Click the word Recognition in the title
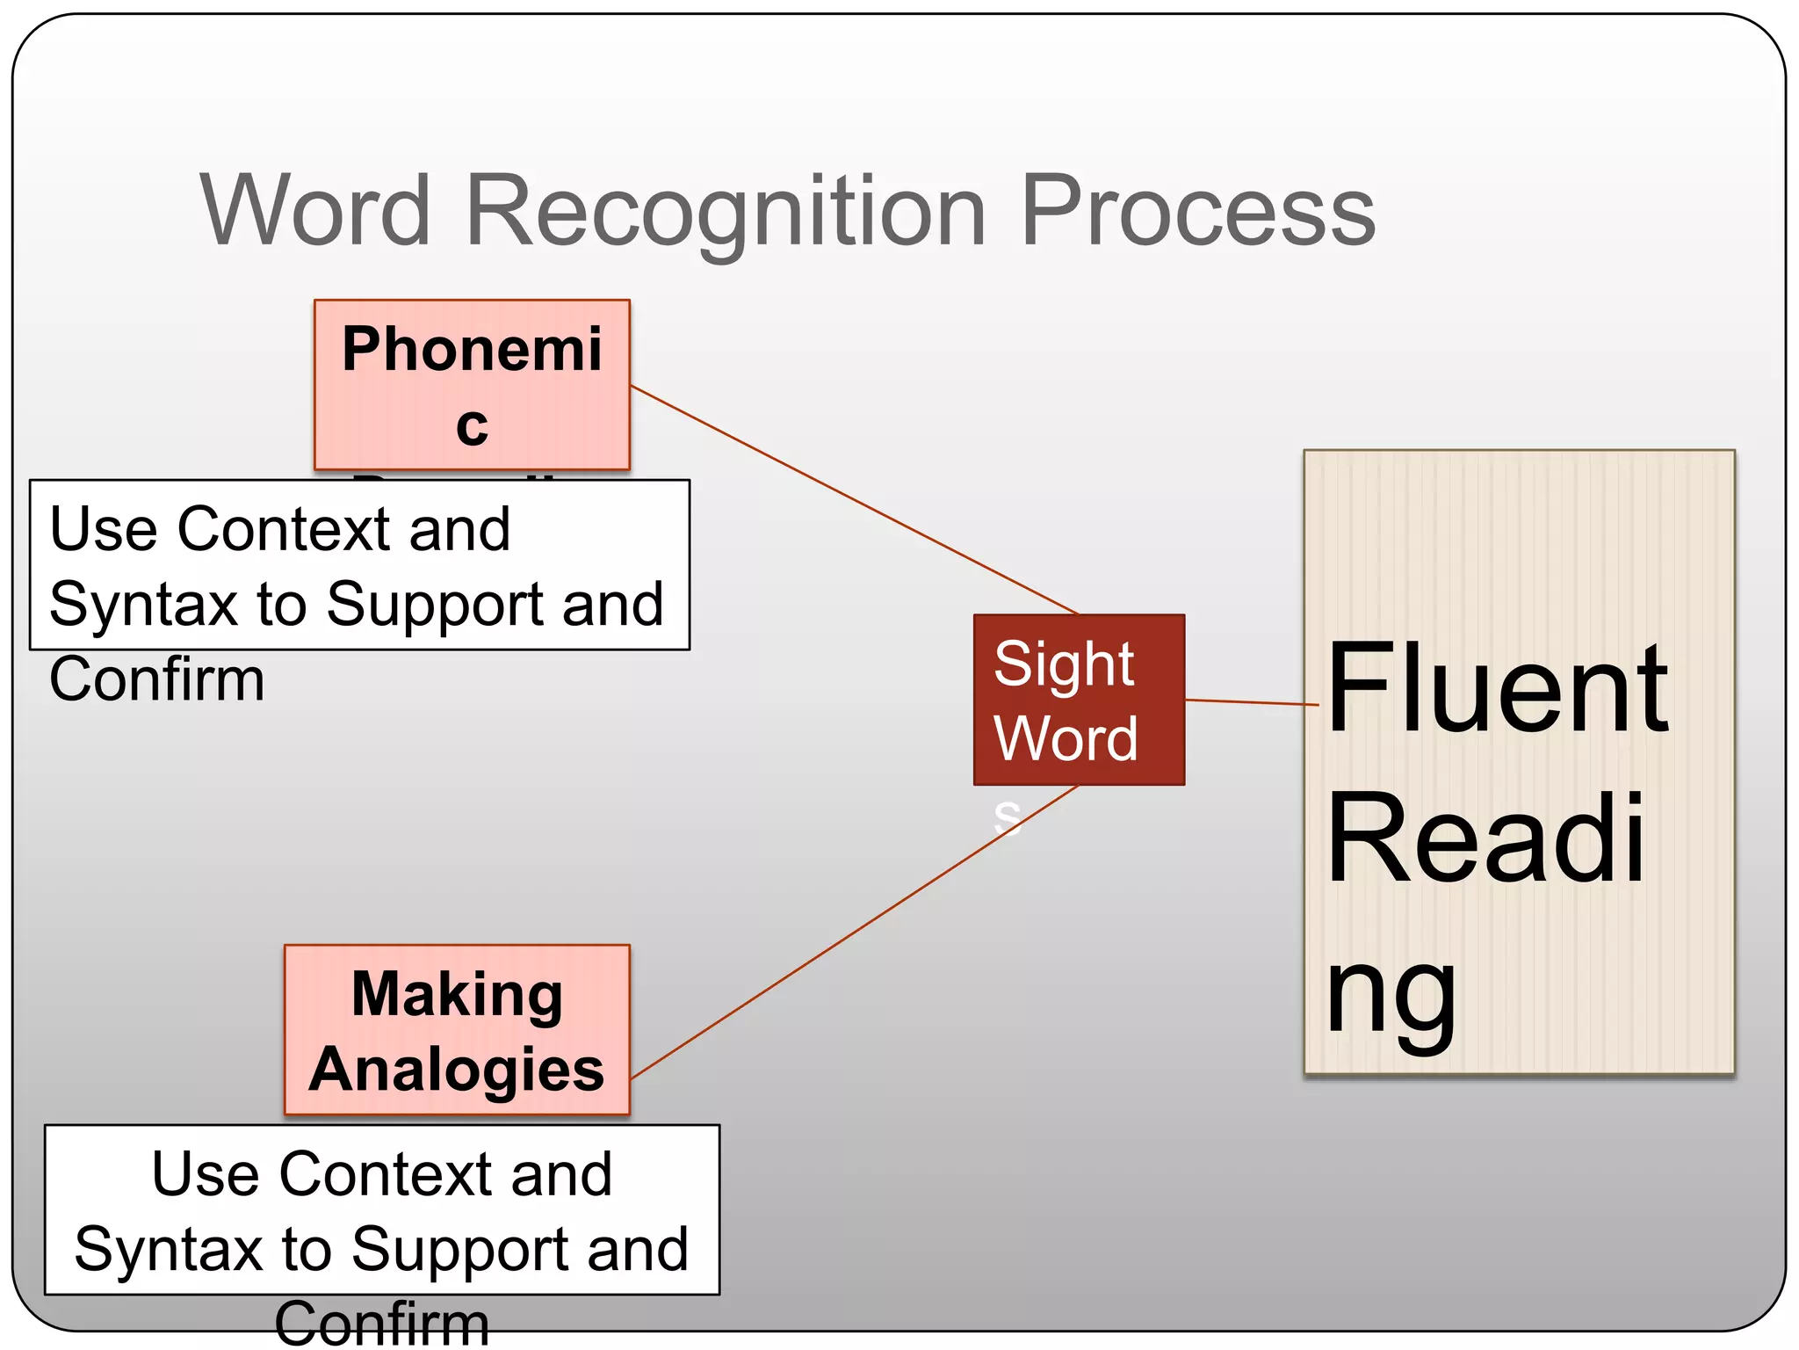click(x=726, y=211)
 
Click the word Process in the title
click(x=1198, y=211)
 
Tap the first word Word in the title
click(x=316, y=211)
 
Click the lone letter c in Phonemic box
click(x=472, y=425)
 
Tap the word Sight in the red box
click(x=1064, y=664)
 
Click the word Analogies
click(x=457, y=1070)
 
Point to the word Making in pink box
click(x=457, y=994)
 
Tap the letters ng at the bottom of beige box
click(x=1391, y=998)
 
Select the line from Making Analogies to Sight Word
click(x=852, y=933)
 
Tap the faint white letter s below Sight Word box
click(x=1007, y=818)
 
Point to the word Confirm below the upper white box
click(x=157, y=680)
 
